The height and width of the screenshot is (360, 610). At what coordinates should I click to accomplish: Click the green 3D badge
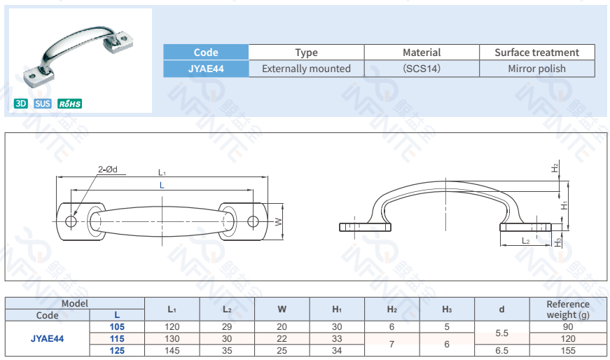(x=21, y=104)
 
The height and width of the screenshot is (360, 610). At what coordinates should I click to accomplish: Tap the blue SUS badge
(x=43, y=104)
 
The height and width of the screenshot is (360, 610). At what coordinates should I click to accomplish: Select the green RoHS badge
(x=69, y=104)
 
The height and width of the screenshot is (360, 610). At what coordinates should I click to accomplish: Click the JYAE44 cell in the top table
(x=206, y=69)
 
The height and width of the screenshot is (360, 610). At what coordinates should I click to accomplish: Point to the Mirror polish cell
(x=537, y=69)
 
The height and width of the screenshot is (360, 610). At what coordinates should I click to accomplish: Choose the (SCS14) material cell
(x=422, y=69)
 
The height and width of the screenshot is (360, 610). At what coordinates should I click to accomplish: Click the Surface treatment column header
(x=537, y=53)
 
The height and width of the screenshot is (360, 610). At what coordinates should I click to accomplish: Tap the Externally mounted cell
(x=306, y=69)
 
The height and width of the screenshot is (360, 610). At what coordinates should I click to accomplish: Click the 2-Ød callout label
(x=107, y=169)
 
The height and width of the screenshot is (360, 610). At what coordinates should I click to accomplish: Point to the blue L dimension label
(x=162, y=186)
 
